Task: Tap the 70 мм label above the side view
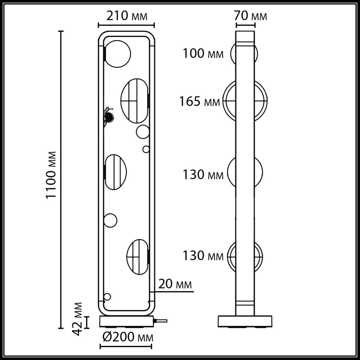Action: pos(251,16)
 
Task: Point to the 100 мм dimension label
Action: pos(203,54)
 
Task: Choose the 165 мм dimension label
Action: pos(200,102)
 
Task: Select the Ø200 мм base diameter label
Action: pos(126,337)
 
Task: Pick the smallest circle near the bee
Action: pos(146,149)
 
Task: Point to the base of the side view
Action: pos(247,321)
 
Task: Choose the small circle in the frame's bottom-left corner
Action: pos(107,297)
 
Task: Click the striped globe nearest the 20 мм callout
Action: pos(137,255)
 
